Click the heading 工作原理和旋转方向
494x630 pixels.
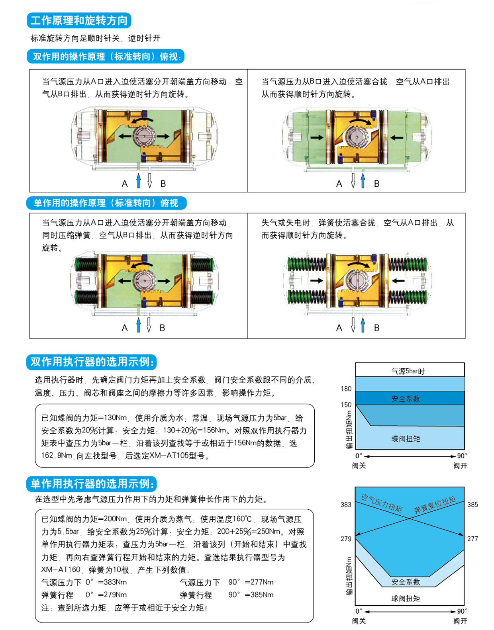coord(79,21)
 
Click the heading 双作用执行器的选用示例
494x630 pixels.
coord(92,362)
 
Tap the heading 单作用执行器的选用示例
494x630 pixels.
coord(92,483)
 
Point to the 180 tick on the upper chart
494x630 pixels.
coord(346,389)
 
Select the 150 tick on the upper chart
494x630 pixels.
coord(346,405)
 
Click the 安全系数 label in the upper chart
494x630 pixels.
coord(406,399)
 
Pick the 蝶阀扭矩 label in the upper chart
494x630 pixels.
coord(406,438)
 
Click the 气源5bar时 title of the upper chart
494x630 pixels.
coord(408,371)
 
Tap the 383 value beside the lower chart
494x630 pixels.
coord(346,505)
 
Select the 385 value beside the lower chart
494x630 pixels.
coord(472,505)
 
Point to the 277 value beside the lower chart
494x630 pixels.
coord(472,538)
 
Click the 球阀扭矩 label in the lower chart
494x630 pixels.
coord(406,599)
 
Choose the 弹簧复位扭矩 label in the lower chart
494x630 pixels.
coord(435,505)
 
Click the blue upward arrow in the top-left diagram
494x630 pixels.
coord(139,180)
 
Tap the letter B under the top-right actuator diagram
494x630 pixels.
coord(376,184)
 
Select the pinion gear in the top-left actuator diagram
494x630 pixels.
coord(144,136)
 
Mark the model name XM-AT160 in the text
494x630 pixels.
coord(61,569)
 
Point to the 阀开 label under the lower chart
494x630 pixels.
coord(461,621)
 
